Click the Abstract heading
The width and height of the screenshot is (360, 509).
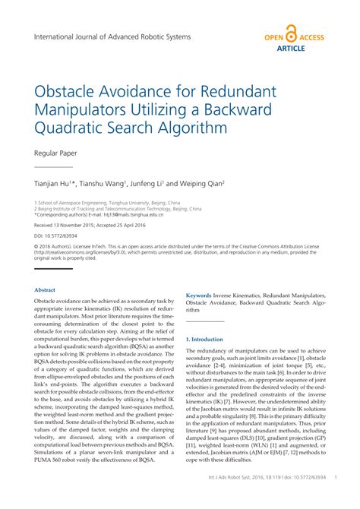(x=45, y=290)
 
